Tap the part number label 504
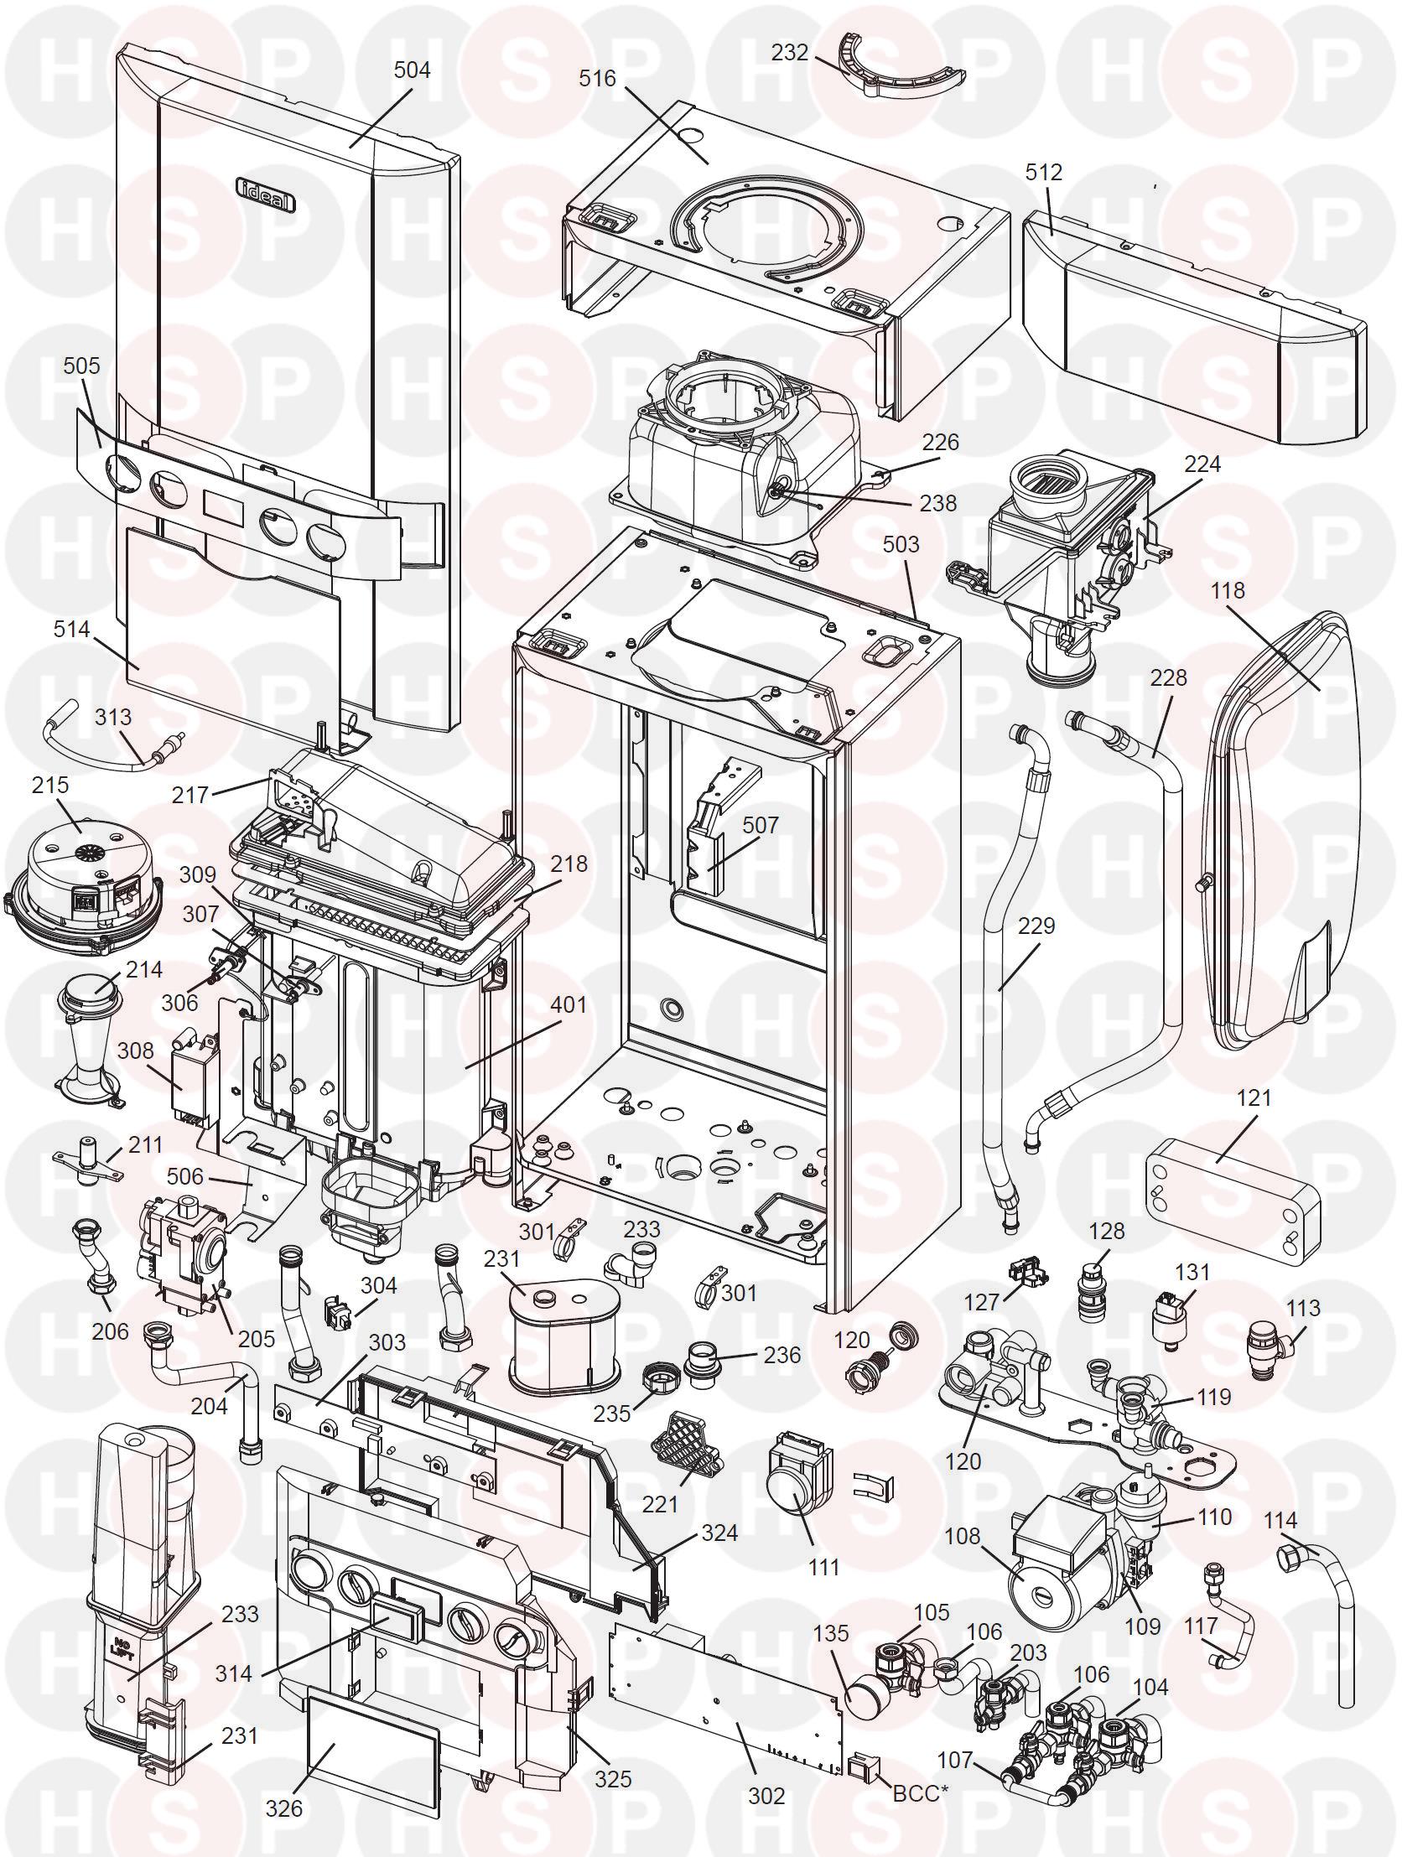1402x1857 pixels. click(x=413, y=70)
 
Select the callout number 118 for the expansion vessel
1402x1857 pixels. click(x=1228, y=590)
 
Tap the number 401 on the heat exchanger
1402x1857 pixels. click(x=568, y=1004)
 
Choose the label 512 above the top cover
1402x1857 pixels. click(x=1043, y=172)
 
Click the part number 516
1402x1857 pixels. click(x=597, y=78)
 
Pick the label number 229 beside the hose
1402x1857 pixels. click(x=1036, y=926)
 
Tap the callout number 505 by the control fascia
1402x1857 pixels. click(x=80, y=366)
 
